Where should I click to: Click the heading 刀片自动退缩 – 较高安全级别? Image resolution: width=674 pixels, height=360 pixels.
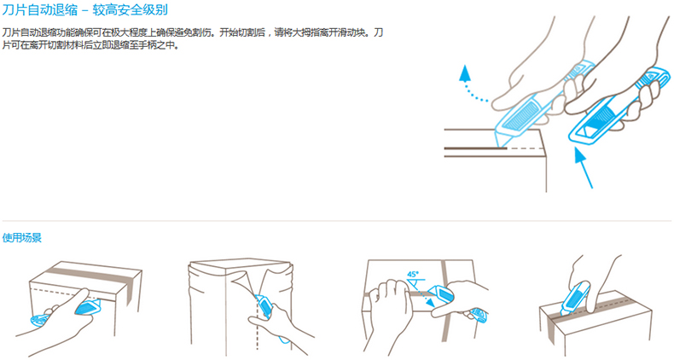84,9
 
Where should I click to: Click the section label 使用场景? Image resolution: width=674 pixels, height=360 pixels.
22,237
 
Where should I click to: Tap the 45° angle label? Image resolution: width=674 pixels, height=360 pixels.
413,274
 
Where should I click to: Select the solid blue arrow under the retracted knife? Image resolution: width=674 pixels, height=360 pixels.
584,167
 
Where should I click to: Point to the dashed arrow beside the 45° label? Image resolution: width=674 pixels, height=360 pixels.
422,298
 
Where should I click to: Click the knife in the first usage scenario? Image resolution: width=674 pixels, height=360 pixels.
65,313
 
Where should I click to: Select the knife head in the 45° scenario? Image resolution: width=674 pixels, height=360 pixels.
441,295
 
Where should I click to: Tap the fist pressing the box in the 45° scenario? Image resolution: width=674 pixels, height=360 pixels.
389,296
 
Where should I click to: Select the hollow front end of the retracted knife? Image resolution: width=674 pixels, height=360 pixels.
584,133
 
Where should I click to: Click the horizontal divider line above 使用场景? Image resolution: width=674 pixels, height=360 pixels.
336,221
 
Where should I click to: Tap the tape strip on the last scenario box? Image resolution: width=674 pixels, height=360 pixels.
592,306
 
